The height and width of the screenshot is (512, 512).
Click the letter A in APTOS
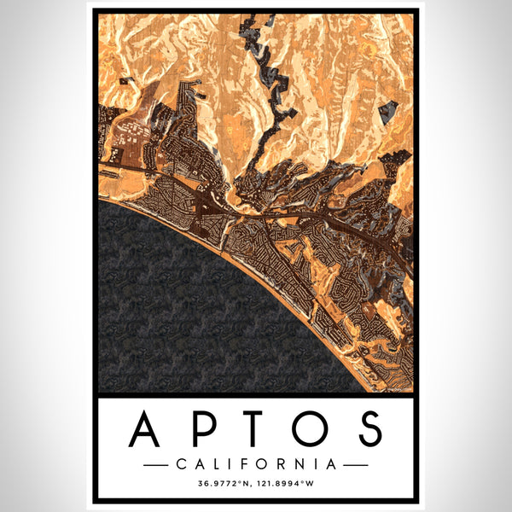point(148,428)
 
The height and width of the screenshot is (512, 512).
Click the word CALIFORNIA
point(256,465)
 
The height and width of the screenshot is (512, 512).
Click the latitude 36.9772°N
point(224,486)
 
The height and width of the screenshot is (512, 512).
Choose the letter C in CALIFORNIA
point(180,465)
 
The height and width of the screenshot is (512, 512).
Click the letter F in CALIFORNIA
point(247,465)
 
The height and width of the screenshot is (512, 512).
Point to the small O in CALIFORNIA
point(265,465)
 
